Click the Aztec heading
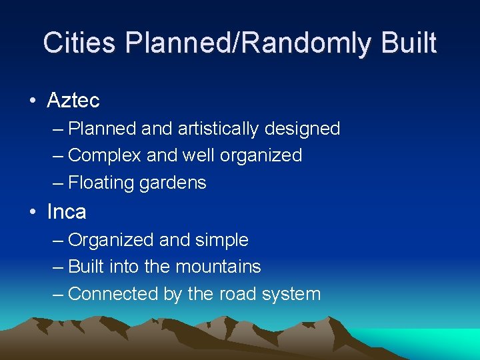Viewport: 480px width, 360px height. [x=73, y=101]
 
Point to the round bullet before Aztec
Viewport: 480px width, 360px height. [x=33, y=101]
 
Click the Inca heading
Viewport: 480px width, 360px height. [x=67, y=212]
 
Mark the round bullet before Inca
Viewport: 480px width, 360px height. [x=33, y=213]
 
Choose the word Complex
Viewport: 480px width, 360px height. [x=105, y=155]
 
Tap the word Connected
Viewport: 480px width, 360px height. [x=109, y=293]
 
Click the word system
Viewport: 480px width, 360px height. [x=294, y=294]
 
